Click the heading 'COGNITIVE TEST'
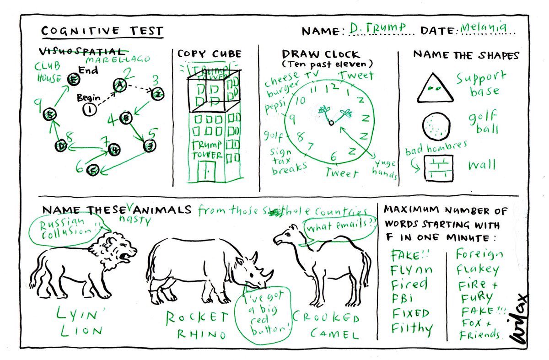click(x=102, y=31)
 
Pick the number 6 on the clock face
click(x=334, y=157)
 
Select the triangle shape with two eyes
click(x=435, y=88)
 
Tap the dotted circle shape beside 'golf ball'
click(x=435, y=126)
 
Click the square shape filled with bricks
click(x=438, y=167)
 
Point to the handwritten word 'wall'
click(x=481, y=165)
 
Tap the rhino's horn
click(x=268, y=274)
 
